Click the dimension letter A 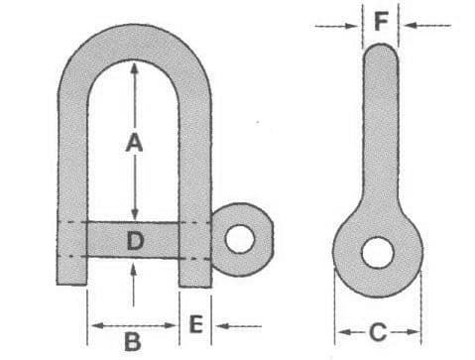(134, 143)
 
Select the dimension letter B (133, 341)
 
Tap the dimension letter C (378, 332)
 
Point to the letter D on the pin (136, 241)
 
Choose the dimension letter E (196, 324)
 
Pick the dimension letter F (381, 22)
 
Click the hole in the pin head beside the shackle (240, 239)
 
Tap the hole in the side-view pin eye (378, 253)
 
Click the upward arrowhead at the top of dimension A (134, 68)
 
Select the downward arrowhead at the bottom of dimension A (134, 213)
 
